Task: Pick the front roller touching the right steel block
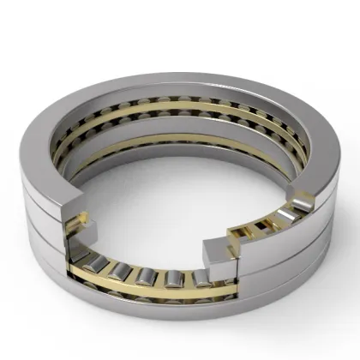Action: [202, 279]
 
